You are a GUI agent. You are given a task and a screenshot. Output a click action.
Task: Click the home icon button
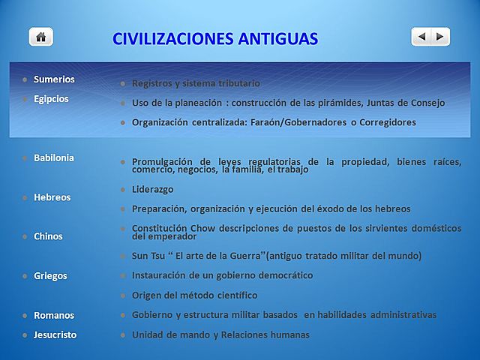pyautogui.click(x=40, y=36)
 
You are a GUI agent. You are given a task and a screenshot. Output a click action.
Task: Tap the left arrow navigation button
pyautogui.click(x=421, y=36)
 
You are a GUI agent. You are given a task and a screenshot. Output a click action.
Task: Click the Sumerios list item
pyautogui.click(x=54, y=79)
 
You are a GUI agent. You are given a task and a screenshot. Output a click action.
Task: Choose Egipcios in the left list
pyautogui.click(x=51, y=98)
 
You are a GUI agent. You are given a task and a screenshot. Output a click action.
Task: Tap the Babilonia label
pyautogui.click(x=54, y=157)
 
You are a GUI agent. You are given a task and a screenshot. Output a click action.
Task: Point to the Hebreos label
pyautogui.click(x=52, y=197)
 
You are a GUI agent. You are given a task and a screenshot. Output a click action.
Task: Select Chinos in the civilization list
pyautogui.click(x=48, y=236)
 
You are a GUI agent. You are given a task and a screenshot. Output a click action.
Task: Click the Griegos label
pyautogui.click(x=50, y=275)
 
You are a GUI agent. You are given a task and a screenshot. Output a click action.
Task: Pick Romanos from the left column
pyautogui.click(x=53, y=315)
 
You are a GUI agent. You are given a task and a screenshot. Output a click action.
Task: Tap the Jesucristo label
pyautogui.click(x=55, y=334)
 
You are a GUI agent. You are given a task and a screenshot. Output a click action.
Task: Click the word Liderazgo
pyautogui.click(x=152, y=190)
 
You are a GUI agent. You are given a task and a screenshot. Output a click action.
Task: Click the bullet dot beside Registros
pyautogui.click(x=122, y=83)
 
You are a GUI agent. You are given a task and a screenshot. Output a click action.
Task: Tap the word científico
pyautogui.click(x=231, y=295)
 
